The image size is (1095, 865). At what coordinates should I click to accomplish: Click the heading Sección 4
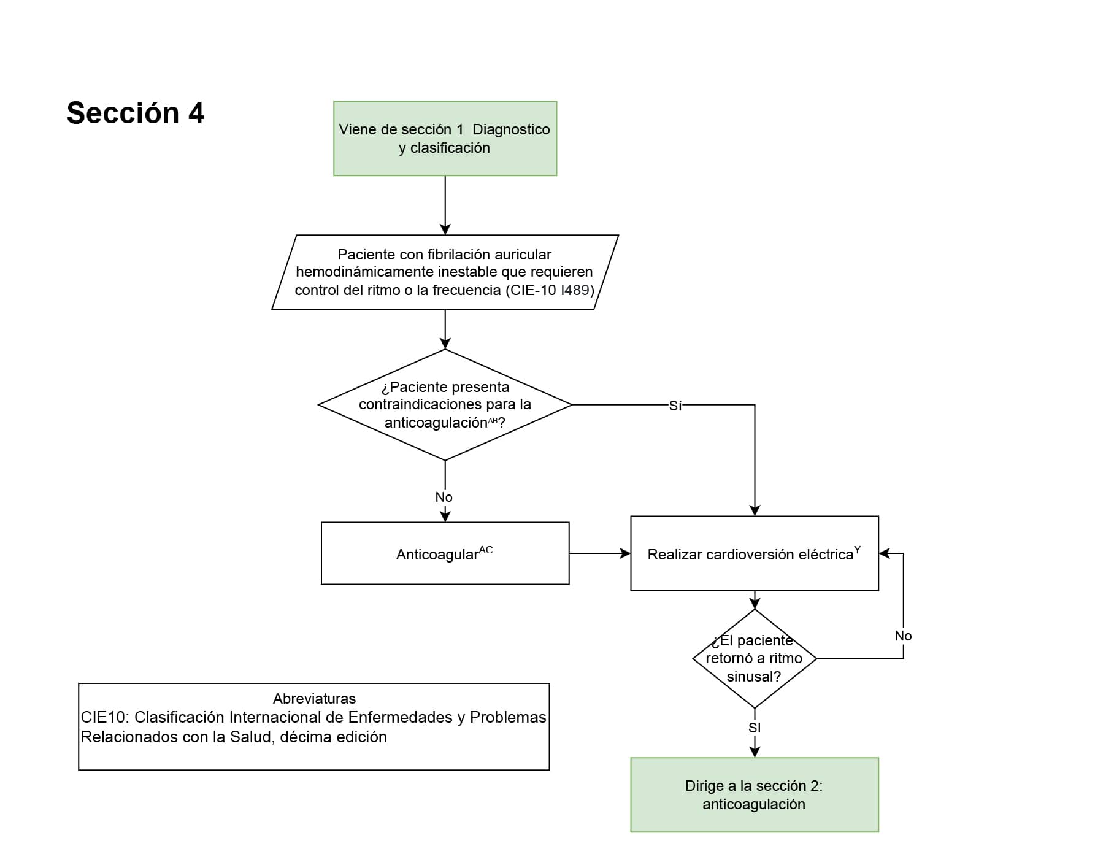[135, 113]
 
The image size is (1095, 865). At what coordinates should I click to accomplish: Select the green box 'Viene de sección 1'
[445, 139]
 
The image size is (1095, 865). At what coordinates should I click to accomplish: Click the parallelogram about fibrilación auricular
[445, 272]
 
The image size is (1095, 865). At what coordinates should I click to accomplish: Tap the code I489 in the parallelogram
[575, 290]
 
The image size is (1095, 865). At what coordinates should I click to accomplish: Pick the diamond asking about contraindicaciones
[445, 405]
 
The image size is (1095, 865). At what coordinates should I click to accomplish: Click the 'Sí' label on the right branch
[675, 406]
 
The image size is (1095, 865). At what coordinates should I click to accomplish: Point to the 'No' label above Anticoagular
[444, 498]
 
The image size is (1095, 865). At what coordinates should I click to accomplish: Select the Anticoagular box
[445, 553]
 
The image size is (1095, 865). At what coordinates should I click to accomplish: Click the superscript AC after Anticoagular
[486, 550]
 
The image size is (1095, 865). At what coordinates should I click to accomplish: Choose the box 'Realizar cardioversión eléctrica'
[754, 553]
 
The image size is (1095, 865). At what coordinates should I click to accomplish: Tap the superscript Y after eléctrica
[857, 550]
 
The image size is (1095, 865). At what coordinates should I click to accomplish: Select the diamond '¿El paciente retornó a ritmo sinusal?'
[754, 658]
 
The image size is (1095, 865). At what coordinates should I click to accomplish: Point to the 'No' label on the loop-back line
[903, 636]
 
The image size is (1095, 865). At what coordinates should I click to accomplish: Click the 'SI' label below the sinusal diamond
[755, 728]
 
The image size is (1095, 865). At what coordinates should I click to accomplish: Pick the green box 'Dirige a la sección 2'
[754, 794]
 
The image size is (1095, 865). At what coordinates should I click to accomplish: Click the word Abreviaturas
[314, 699]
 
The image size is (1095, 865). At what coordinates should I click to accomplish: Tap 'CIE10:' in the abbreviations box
[105, 717]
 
